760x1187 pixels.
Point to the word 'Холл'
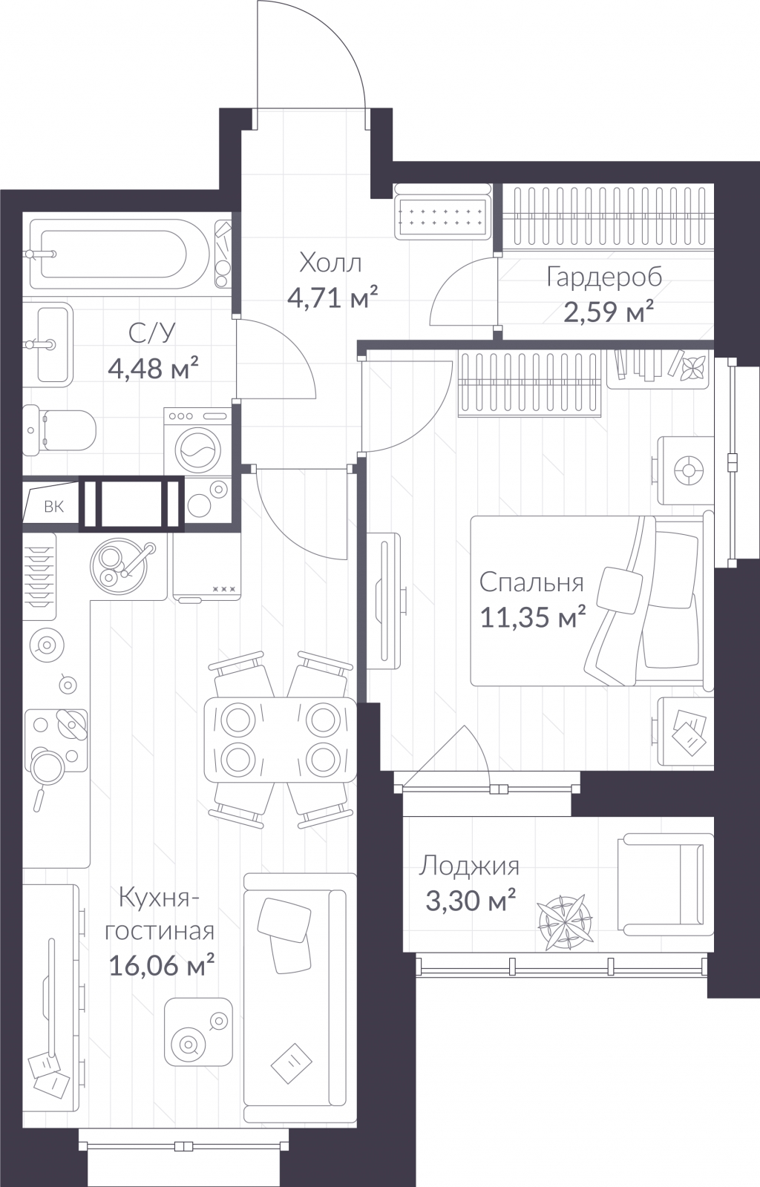point(331,263)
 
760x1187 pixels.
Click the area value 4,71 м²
point(332,299)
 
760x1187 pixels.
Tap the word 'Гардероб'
point(605,277)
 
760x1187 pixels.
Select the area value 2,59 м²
point(608,312)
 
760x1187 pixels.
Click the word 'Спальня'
point(531,582)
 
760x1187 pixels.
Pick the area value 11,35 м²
point(533,617)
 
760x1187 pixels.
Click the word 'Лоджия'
point(470,867)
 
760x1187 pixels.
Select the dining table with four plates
point(281,739)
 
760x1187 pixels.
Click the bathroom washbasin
point(47,344)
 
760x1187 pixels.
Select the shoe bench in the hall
point(442,211)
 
